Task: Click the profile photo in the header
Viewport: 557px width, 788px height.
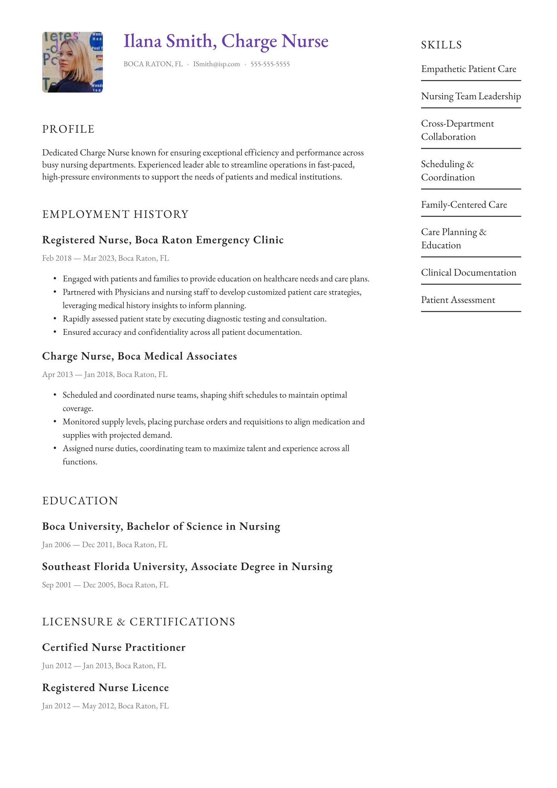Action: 72,62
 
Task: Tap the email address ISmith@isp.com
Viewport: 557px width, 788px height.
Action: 216,64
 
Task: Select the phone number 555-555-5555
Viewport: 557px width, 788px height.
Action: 270,64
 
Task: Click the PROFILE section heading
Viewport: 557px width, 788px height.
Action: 68,129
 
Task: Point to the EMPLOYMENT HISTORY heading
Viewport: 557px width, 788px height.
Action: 115,214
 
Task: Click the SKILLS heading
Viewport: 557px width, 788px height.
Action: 441,45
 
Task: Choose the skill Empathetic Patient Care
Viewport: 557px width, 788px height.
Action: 468,69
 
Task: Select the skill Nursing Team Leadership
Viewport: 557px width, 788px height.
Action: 471,96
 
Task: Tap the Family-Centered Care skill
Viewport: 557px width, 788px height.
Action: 464,205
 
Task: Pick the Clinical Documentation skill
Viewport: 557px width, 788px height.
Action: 468,273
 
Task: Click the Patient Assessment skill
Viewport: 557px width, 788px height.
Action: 458,300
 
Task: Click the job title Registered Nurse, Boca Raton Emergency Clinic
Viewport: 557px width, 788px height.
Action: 163,240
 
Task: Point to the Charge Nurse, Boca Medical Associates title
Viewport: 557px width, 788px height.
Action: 139,356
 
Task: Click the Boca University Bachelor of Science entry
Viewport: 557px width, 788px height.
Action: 161,526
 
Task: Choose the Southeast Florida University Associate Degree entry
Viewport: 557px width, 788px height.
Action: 187,567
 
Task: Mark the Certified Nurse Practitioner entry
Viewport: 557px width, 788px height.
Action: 114,648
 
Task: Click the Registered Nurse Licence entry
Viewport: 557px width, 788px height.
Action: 105,688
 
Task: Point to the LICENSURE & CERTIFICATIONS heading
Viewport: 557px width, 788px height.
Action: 138,622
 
